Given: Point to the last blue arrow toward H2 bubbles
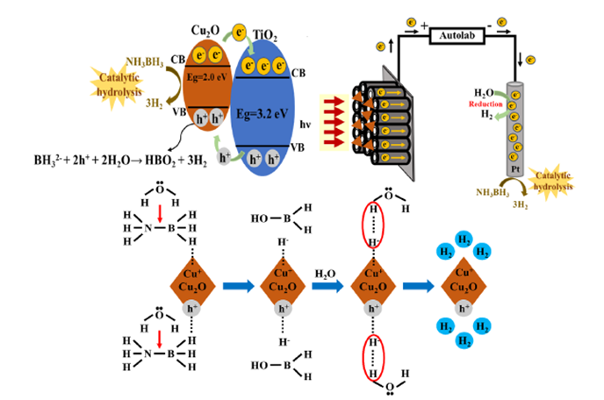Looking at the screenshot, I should [416, 286].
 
